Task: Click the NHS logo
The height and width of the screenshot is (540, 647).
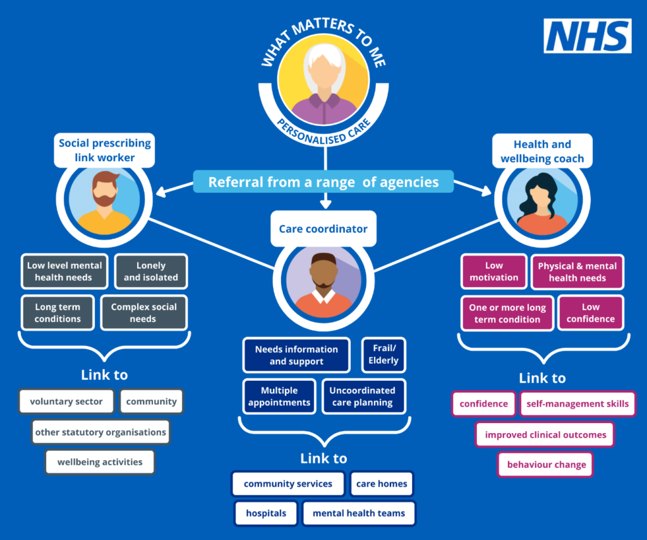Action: point(588,36)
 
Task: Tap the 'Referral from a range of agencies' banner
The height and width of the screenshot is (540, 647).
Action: point(323,182)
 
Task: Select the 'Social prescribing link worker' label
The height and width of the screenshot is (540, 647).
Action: point(105,150)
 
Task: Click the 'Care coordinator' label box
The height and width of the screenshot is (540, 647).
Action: point(323,229)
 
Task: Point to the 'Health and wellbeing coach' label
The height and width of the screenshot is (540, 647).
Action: point(542,152)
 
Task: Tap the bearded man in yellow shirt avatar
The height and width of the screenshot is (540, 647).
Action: point(105,201)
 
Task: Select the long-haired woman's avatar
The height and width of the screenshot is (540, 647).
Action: point(541,202)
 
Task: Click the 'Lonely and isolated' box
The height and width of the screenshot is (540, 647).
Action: point(151,271)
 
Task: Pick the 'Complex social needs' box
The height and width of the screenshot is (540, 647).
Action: point(144,312)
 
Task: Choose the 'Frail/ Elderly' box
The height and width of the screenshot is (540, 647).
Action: point(384,355)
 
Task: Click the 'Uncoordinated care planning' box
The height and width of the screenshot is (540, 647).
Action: point(362,396)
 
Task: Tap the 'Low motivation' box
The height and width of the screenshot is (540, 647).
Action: point(494,271)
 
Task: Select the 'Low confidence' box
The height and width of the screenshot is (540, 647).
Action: point(590,312)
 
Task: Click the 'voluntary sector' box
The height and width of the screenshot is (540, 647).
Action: point(66,402)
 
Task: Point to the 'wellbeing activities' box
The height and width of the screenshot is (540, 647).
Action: point(100,462)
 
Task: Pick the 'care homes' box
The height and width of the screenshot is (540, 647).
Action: point(382,484)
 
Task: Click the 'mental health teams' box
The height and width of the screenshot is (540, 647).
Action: point(359,513)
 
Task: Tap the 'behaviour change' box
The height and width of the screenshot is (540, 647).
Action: point(547,464)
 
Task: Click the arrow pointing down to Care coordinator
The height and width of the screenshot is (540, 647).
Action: point(325,201)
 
